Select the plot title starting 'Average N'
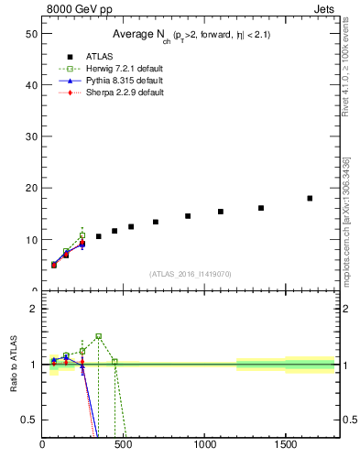click(191, 34)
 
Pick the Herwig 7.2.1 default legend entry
click(115, 69)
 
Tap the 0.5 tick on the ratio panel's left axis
click(28, 420)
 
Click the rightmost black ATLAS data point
click(310, 198)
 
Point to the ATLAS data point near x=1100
click(221, 212)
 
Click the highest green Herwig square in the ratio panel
click(98, 336)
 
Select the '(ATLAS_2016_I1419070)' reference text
click(191, 273)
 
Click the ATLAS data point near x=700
click(156, 222)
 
